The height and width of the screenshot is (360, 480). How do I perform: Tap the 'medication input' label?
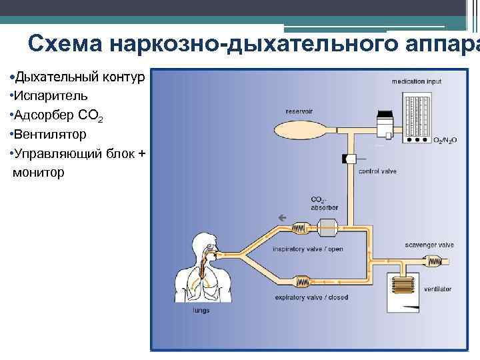[416, 81]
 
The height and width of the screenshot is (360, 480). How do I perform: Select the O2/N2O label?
[445, 140]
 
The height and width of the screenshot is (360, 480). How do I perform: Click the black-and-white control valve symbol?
[349, 159]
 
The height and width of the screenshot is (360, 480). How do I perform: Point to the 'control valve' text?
[377, 171]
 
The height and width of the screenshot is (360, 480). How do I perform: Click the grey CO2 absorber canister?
[327, 227]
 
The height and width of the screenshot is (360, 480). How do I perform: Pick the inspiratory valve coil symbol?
[299, 227]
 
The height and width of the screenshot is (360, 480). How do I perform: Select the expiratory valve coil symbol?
[304, 279]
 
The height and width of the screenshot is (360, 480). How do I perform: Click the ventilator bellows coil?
[406, 287]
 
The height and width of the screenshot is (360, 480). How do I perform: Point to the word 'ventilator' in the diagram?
[437, 289]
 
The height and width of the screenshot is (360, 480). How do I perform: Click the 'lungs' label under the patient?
[201, 310]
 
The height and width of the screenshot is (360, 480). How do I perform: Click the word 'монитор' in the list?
[39, 173]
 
